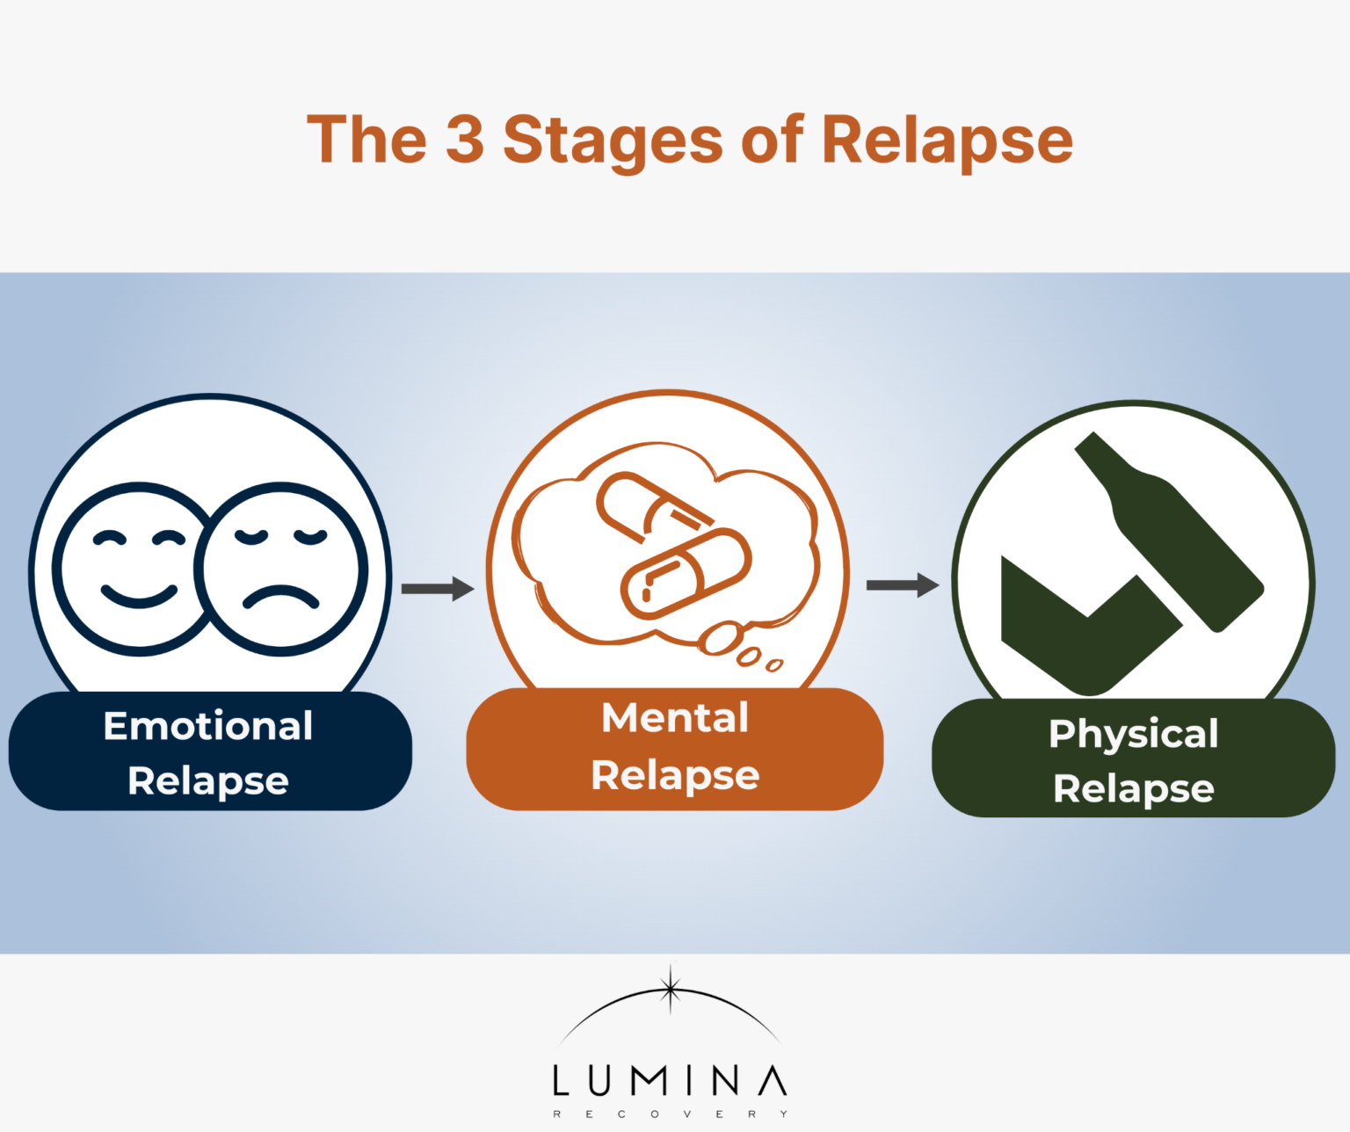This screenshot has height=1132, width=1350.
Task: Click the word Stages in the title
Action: (x=613, y=141)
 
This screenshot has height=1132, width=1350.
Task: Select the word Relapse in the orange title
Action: (x=947, y=141)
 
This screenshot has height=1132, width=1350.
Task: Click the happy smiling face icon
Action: (x=139, y=569)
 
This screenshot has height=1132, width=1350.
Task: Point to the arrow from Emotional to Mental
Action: (x=438, y=588)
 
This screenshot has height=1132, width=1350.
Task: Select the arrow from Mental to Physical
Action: (x=903, y=584)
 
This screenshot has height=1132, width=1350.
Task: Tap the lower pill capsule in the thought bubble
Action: (x=686, y=574)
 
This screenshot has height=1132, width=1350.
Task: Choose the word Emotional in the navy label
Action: (x=208, y=726)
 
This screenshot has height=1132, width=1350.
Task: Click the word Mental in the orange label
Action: (x=675, y=718)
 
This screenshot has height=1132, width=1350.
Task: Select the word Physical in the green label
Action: (x=1133, y=734)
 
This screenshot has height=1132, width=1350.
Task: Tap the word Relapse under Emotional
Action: (x=208, y=781)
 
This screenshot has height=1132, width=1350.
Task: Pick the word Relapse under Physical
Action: (x=1133, y=789)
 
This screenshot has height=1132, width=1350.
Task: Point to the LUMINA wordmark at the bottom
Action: (x=670, y=1081)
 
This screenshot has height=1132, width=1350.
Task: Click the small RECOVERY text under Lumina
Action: (x=670, y=1114)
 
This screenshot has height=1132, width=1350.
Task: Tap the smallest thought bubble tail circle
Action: (x=774, y=665)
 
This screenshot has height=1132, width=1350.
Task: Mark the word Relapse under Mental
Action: (x=675, y=776)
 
